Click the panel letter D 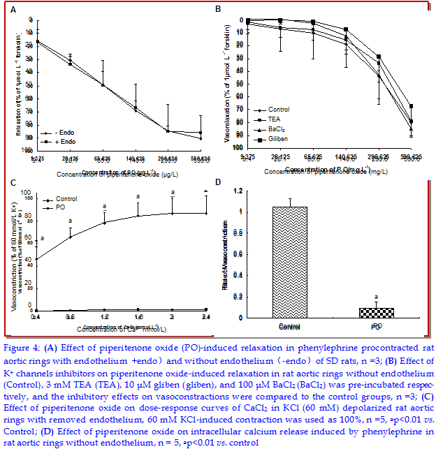click(219, 184)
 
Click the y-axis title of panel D click(226, 257)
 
